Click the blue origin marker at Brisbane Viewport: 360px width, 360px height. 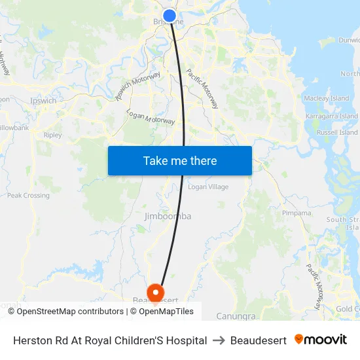(x=170, y=16)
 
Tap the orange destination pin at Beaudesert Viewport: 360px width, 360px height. (x=156, y=292)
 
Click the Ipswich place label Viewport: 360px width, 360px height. (x=44, y=101)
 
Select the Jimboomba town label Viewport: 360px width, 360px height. (x=168, y=216)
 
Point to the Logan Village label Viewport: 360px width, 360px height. (x=208, y=187)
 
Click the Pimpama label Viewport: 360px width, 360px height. (x=297, y=213)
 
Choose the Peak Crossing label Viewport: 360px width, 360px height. (x=28, y=195)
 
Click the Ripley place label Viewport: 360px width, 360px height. (x=53, y=135)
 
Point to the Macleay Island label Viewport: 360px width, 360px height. (x=327, y=98)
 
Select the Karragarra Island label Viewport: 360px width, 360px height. (x=331, y=116)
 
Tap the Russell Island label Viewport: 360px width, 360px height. (x=337, y=132)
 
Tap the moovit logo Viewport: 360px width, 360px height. (x=321, y=340)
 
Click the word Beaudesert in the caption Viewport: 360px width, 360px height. (x=259, y=340)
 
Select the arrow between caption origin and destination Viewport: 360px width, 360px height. (x=219, y=340)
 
